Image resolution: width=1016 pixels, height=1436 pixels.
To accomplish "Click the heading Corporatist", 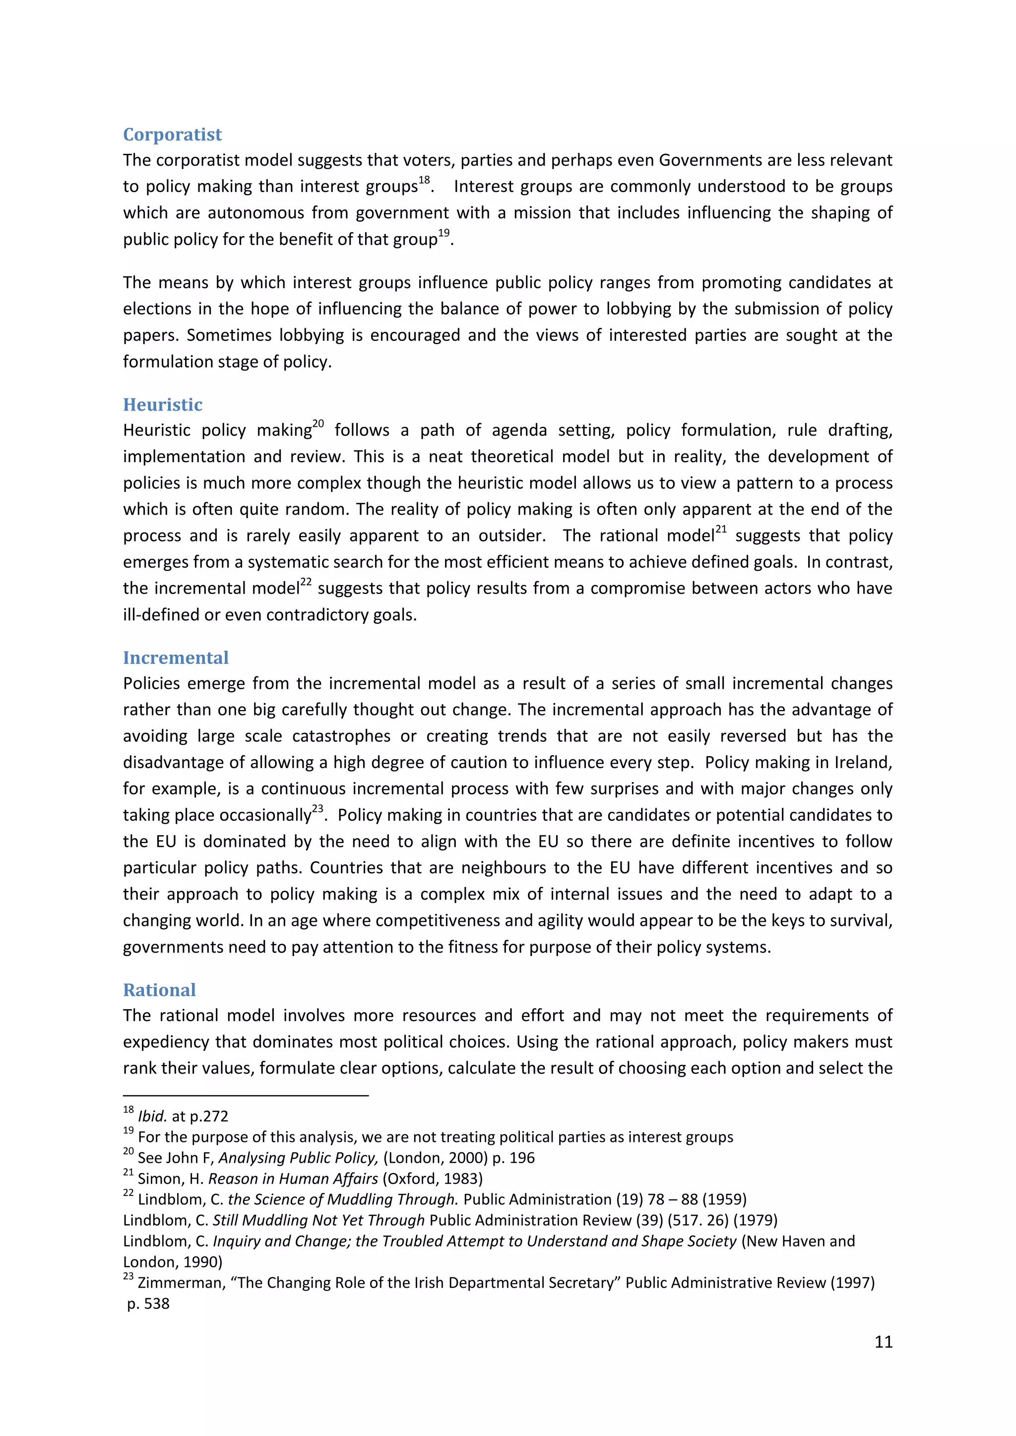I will pos(172,134).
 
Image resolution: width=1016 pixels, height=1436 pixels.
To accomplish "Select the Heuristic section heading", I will pos(163,405).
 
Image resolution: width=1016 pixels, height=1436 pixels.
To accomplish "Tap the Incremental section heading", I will pos(175,658).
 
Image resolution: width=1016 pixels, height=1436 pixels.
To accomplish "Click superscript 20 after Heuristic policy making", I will pos(318,424).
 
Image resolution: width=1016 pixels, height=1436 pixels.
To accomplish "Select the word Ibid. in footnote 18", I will pos(152,1116).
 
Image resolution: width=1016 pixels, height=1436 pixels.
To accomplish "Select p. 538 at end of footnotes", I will pos(148,1304).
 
